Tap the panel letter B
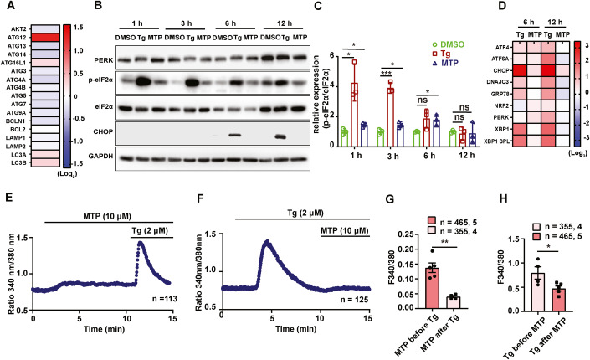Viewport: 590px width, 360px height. tap(98, 8)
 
